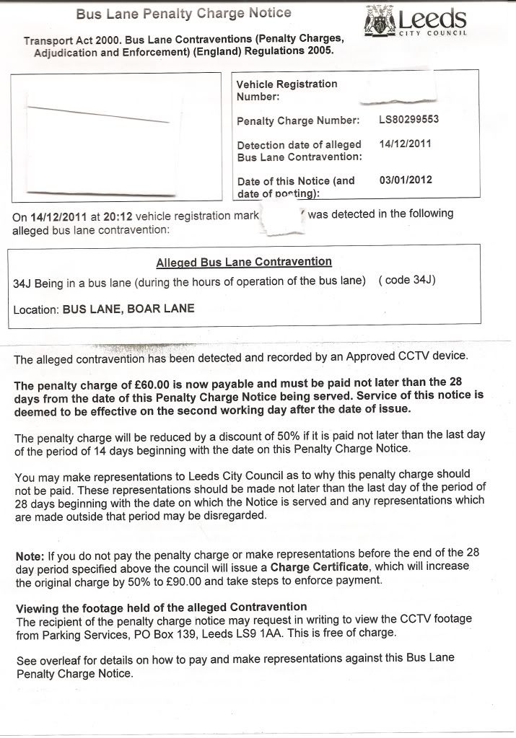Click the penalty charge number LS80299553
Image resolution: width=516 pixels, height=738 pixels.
pos(408,119)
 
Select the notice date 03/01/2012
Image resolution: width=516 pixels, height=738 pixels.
pos(406,180)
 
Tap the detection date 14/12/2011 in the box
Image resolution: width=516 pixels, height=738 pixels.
pos(405,144)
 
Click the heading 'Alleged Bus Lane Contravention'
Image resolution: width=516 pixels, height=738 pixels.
pos(244,262)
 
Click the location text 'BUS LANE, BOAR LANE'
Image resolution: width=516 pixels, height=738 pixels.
pos(128,309)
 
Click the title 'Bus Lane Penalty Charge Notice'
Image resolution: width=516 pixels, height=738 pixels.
pos(183,13)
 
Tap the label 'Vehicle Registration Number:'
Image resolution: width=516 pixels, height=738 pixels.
pos(287,90)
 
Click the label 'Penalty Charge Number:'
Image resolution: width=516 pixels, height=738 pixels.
pos(298,121)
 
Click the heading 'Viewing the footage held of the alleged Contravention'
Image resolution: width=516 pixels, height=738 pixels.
pos(161,607)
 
